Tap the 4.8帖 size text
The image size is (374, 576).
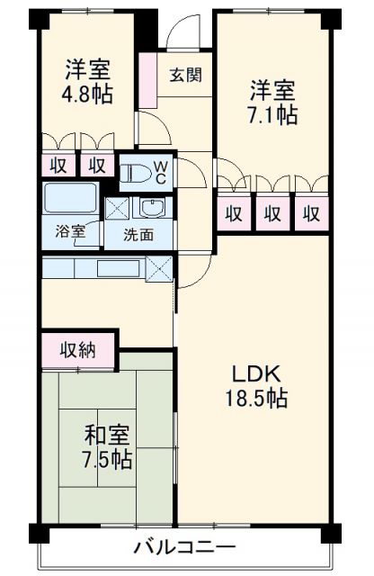coord(88,94)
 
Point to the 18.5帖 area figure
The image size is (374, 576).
coord(259,399)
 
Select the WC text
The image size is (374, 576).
coord(159,171)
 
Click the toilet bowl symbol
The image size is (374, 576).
coord(135,172)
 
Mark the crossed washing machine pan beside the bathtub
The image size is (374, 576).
coord(116,207)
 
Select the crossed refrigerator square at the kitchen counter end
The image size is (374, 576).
coord(158,268)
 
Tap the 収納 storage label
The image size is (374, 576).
coord(76,350)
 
